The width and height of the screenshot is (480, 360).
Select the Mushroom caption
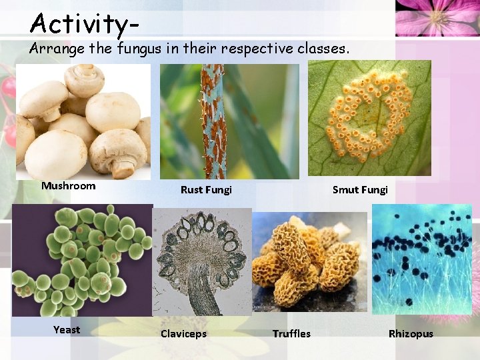[68, 186]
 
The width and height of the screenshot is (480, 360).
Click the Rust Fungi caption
[206, 190]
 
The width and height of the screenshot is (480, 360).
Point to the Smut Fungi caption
[360, 190]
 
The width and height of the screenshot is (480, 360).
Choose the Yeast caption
[67, 330]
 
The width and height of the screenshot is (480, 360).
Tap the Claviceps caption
[183, 334]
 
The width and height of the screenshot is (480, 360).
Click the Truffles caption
[291, 334]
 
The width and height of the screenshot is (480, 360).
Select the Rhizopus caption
[411, 334]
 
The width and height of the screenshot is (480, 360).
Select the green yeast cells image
[83, 260]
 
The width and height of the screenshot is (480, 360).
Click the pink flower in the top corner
[437, 17]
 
